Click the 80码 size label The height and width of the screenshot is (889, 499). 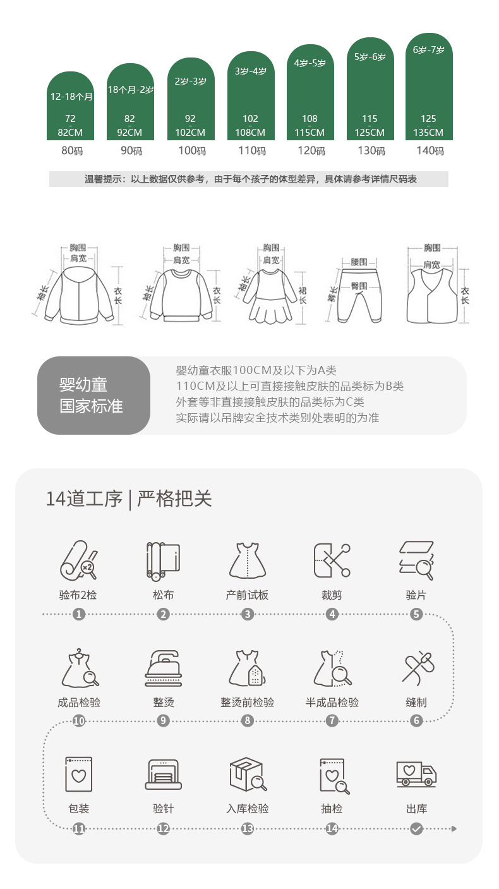72,151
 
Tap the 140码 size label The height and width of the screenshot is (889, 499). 430,151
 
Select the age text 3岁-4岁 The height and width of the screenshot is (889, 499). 251,71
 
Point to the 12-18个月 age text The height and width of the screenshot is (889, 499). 71,97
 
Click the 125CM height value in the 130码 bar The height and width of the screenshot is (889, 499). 370,132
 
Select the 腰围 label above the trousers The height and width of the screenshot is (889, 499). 359,262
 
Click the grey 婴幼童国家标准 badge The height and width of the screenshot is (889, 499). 93,396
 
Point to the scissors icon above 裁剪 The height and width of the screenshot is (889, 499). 332,560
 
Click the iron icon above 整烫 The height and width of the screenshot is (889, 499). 164,668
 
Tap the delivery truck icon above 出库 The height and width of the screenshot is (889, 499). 416,774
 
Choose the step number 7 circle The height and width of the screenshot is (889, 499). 332,720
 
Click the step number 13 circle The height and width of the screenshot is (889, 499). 248,829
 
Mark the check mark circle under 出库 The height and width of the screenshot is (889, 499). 416,829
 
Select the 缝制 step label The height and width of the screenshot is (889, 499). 416,703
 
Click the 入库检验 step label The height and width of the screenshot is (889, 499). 248,808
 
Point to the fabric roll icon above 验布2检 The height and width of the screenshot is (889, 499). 78,560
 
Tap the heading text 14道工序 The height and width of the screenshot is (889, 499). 84,499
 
